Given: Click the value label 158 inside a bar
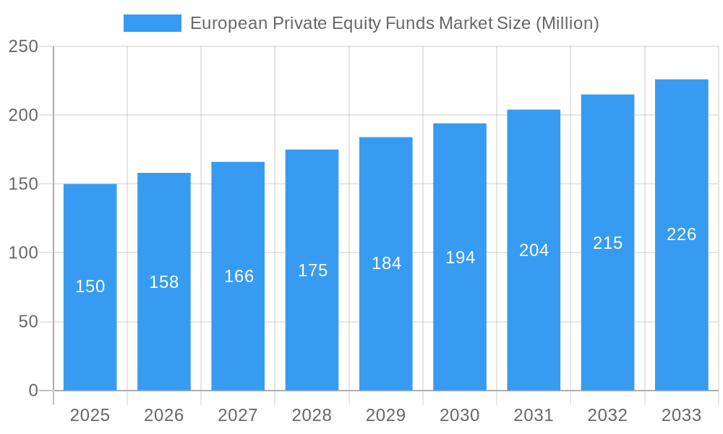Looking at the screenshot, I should [164, 282].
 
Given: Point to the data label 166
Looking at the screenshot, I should [239, 276].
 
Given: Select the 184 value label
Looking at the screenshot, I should [386, 263].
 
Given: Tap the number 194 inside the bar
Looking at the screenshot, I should [460, 257].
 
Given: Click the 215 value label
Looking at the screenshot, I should [607, 243].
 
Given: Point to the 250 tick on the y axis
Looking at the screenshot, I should [23, 46].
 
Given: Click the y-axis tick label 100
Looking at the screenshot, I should [23, 253].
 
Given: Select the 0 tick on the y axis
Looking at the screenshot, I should [33, 391].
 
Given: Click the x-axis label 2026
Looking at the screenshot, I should [164, 415].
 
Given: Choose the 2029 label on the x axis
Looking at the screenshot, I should [386, 415].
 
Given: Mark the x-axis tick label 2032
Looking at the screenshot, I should [607, 415].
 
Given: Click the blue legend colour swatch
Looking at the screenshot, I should [153, 23].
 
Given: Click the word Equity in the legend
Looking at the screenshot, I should [369, 23].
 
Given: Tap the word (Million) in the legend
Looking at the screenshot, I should [568, 23].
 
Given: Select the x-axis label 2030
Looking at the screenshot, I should [460, 415].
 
